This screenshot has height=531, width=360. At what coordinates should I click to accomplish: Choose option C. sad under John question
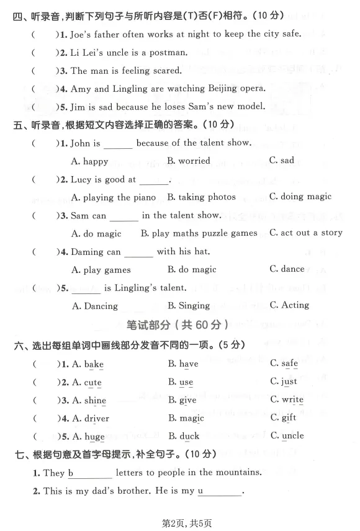282,161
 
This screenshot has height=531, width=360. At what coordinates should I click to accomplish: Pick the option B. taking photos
202,197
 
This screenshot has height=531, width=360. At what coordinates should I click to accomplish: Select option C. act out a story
305,233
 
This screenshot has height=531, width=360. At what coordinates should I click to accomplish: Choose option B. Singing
189,305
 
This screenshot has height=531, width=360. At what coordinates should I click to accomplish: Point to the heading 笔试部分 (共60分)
178,324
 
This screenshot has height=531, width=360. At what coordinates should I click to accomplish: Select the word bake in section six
94,364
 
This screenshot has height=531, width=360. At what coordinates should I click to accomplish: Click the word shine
95,401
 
